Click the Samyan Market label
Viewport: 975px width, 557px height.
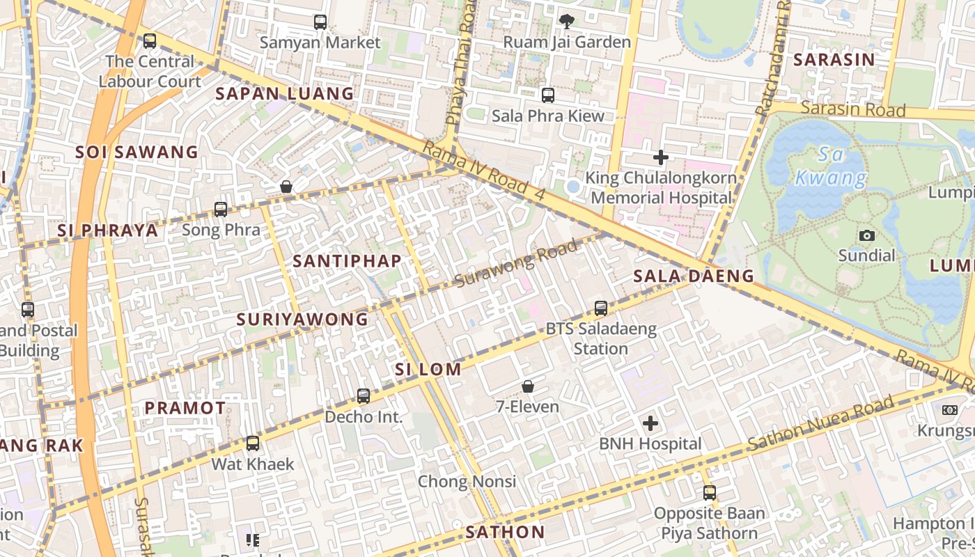pyautogui.click(x=320, y=42)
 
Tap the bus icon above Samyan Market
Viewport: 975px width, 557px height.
pyautogui.click(x=320, y=22)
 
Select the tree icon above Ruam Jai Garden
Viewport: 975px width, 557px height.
pyautogui.click(x=567, y=22)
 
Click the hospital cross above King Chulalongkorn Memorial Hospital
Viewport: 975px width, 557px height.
pyautogui.click(x=661, y=157)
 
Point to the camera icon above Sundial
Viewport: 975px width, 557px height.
pyautogui.click(x=866, y=235)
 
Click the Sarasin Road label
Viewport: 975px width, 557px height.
pyautogui.click(x=852, y=109)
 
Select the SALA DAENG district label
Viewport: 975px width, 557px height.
pyautogui.click(x=694, y=276)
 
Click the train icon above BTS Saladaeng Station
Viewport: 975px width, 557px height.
pyautogui.click(x=601, y=308)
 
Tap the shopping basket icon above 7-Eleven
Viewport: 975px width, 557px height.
pyautogui.click(x=528, y=386)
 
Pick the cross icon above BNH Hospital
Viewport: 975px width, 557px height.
pyautogui.click(x=650, y=423)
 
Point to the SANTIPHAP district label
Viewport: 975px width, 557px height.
pyautogui.click(x=347, y=261)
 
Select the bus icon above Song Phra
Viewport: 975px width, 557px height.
pyautogui.click(x=221, y=209)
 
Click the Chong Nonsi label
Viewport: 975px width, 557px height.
pyautogui.click(x=467, y=481)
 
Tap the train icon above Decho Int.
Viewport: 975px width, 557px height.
pyautogui.click(x=363, y=396)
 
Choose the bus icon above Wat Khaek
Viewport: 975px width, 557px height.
pyautogui.click(x=253, y=443)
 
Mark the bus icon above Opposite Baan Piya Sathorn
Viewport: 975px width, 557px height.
pyautogui.click(x=709, y=493)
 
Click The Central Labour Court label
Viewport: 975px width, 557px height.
pyautogui.click(x=150, y=71)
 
